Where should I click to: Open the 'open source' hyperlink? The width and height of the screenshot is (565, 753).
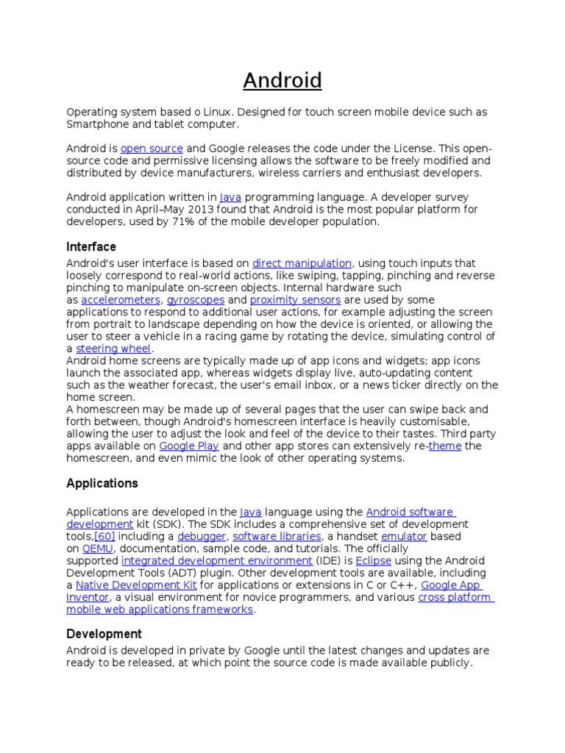coord(152,149)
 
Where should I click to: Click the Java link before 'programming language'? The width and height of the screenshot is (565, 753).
coord(230,197)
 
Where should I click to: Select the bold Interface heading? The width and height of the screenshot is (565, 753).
coord(91,247)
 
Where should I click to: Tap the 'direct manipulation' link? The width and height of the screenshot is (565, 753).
coord(302,263)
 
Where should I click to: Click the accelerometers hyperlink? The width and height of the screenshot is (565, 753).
coord(121,300)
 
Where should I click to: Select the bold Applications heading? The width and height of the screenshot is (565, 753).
coord(102,484)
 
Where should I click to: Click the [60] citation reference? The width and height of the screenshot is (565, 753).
coord(104,537)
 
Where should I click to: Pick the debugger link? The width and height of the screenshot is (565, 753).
coord(202,537)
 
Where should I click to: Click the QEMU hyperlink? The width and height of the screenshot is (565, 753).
coord(96,549)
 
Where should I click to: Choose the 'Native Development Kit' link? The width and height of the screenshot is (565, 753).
coord(136,585)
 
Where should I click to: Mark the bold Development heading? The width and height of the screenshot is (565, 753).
coord(104,634)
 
